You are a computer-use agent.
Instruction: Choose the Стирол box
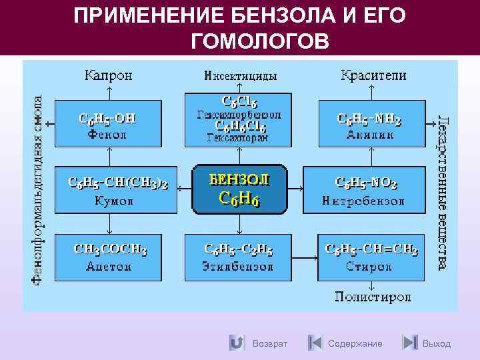click(x=371, y=257)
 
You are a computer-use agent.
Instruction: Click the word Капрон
click(x=108, y=76)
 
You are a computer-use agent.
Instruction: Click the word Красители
click(x=373, y=76)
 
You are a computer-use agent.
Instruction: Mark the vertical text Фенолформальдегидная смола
click(x=38, y=190)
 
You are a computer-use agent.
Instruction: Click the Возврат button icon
click(x=236, y=343)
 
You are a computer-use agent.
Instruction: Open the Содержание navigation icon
click(x=315, y=343)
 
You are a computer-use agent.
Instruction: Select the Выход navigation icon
click(x=410, y=343)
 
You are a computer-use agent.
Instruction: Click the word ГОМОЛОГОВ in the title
click(x=259, y=42)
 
